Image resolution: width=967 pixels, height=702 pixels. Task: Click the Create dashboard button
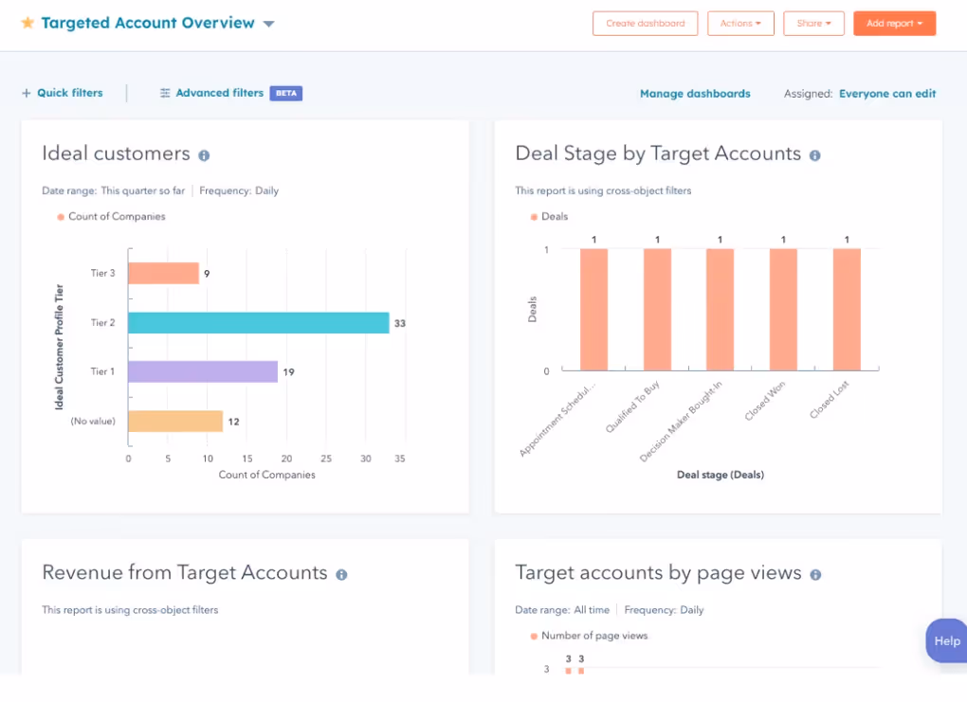pos(645,24)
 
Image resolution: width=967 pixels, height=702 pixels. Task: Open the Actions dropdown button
pos(740,24)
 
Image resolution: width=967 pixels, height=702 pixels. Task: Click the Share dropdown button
pos(813,24)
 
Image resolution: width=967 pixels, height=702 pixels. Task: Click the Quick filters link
pos(63,93)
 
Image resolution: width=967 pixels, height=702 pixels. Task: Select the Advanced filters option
pos(219,93)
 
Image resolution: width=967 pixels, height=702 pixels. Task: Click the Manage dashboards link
pos(695,94)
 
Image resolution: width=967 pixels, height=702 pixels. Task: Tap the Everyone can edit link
pos(887,94)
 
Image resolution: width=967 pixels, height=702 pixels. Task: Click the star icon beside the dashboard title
pos(27,23)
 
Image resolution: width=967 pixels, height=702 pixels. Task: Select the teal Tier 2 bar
pos(258,323)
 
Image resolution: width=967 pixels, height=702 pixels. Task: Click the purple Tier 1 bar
pos(202,371)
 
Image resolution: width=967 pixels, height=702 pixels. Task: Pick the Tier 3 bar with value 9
pos(163,274)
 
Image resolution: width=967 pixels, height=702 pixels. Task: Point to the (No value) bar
pos(174,422)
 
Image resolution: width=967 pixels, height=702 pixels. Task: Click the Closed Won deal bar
pos(783,310)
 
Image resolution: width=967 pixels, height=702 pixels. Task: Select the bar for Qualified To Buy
pos(657,310)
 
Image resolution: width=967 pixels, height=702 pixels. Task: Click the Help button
pos(946,640)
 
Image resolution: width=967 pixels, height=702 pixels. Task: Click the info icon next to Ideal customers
pos(204,155)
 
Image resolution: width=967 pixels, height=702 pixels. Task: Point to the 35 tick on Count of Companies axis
pos(400,459)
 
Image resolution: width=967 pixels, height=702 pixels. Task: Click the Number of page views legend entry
pos(593,636)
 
